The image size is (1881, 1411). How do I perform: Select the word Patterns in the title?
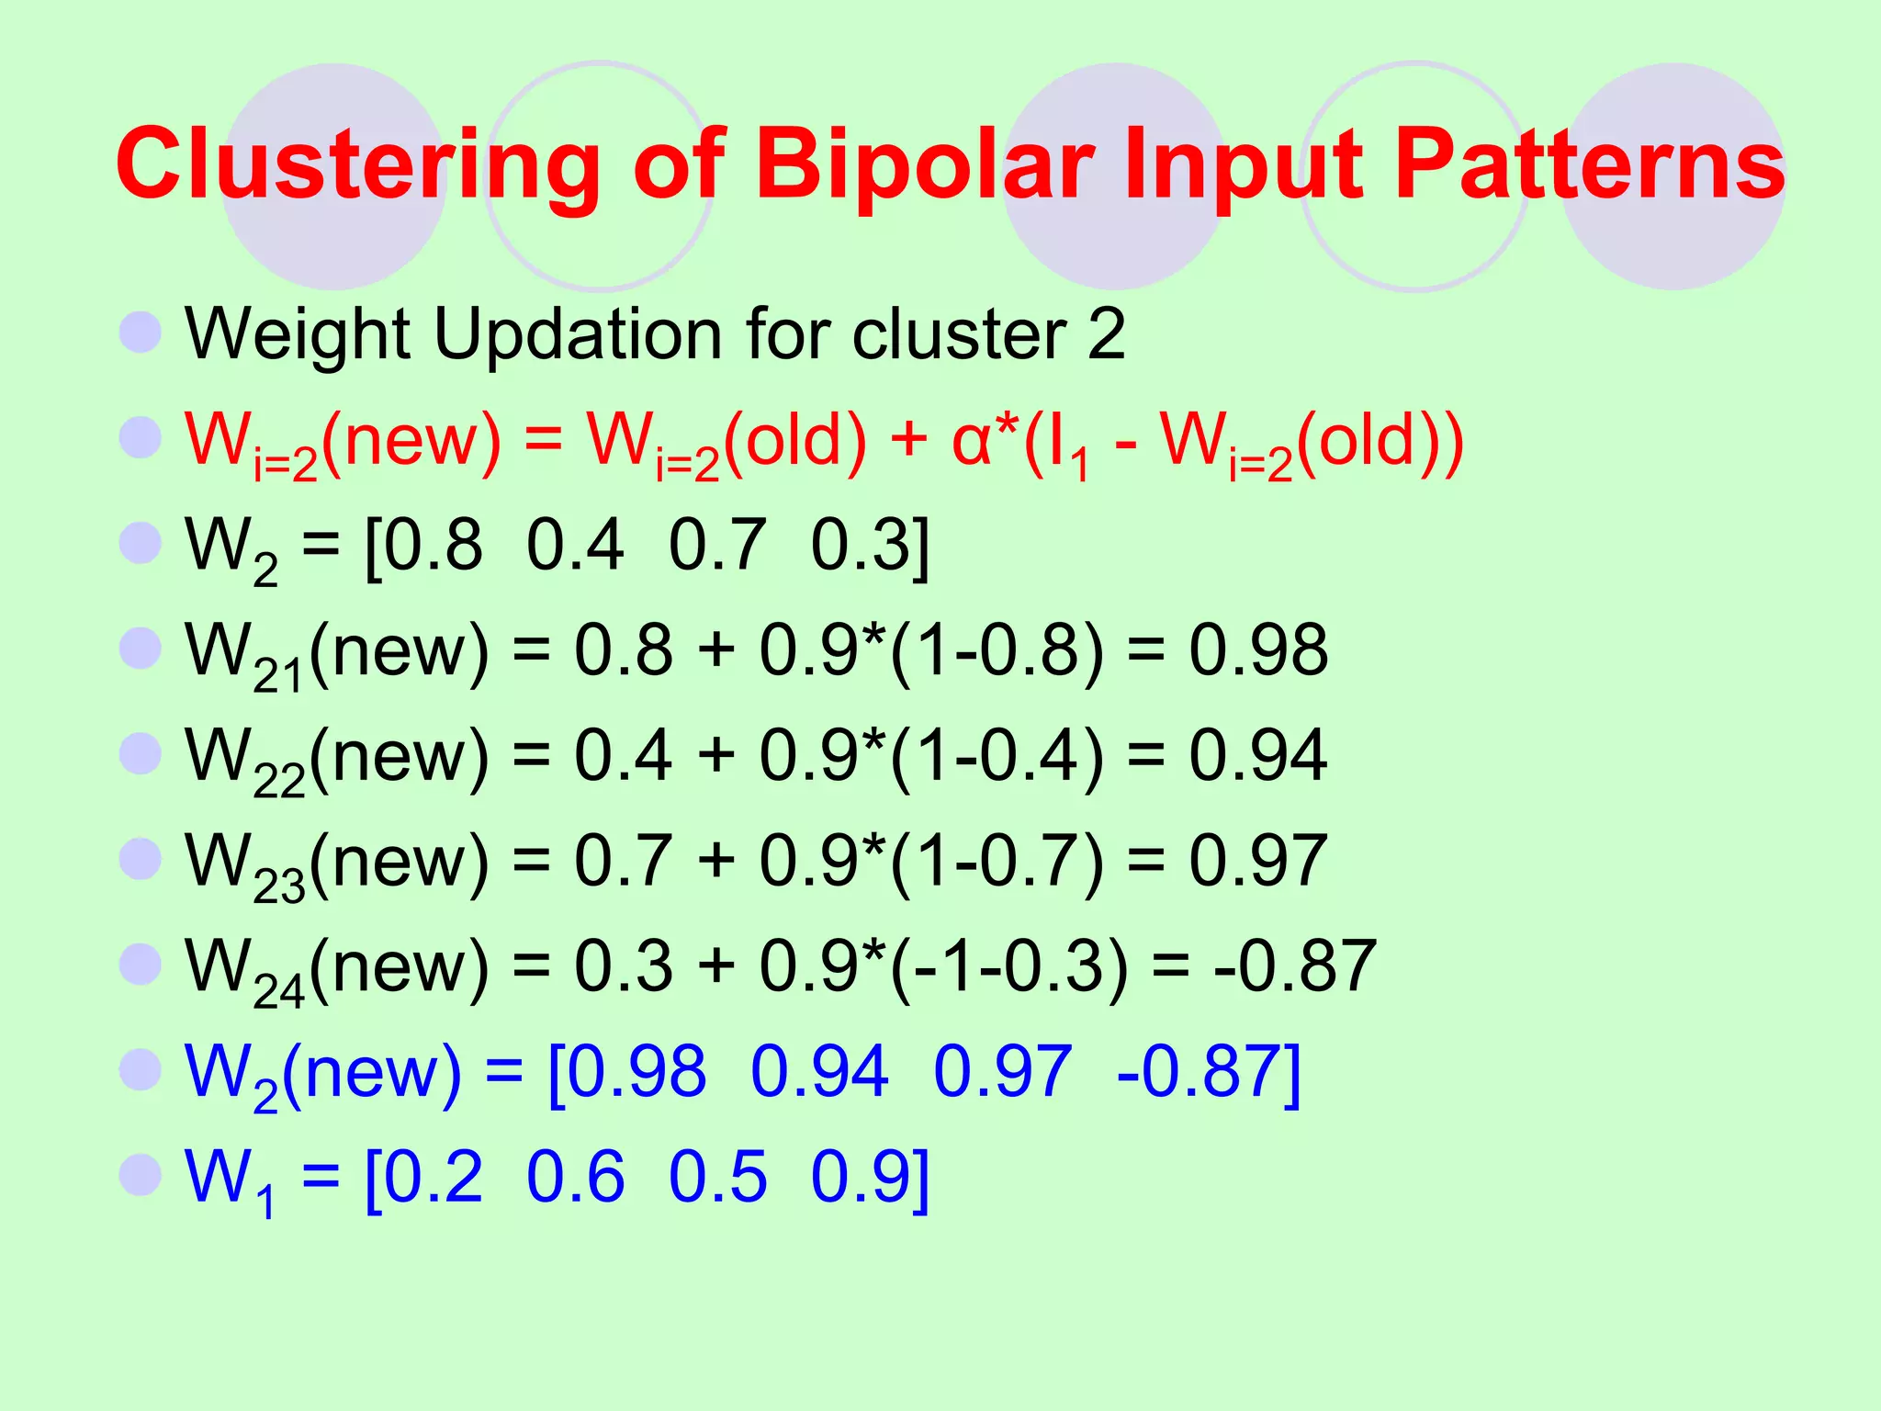pyautogui.click(x=1589, y=165)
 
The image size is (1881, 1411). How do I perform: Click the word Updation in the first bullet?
pyautogui.click(x=579, y=334)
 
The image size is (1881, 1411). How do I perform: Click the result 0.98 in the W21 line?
pyautogui.click(x=1258, y=650)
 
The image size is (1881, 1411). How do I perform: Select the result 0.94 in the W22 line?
pyautogui.click(x=1258, y=756)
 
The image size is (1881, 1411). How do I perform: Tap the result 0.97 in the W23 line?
pyautogui.click(x=1258, y=861)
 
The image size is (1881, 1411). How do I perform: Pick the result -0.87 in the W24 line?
pyautogui.click(x=1295, y=966)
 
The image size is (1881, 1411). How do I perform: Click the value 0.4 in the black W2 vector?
pyautogui.click(x=575, y=546)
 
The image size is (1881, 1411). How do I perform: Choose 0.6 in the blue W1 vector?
pyautogui.click(x=575, y=1177)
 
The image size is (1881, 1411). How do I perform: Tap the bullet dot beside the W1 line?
pyautogui.click(x=141, y=1175)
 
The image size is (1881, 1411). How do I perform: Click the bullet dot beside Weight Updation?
pyautogui.click(x=141, y=332)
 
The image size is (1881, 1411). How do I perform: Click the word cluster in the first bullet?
pyautogui.click(x=960, y=334)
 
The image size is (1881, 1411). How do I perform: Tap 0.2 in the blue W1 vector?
pyautogui.click(x=433, y=1177)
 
